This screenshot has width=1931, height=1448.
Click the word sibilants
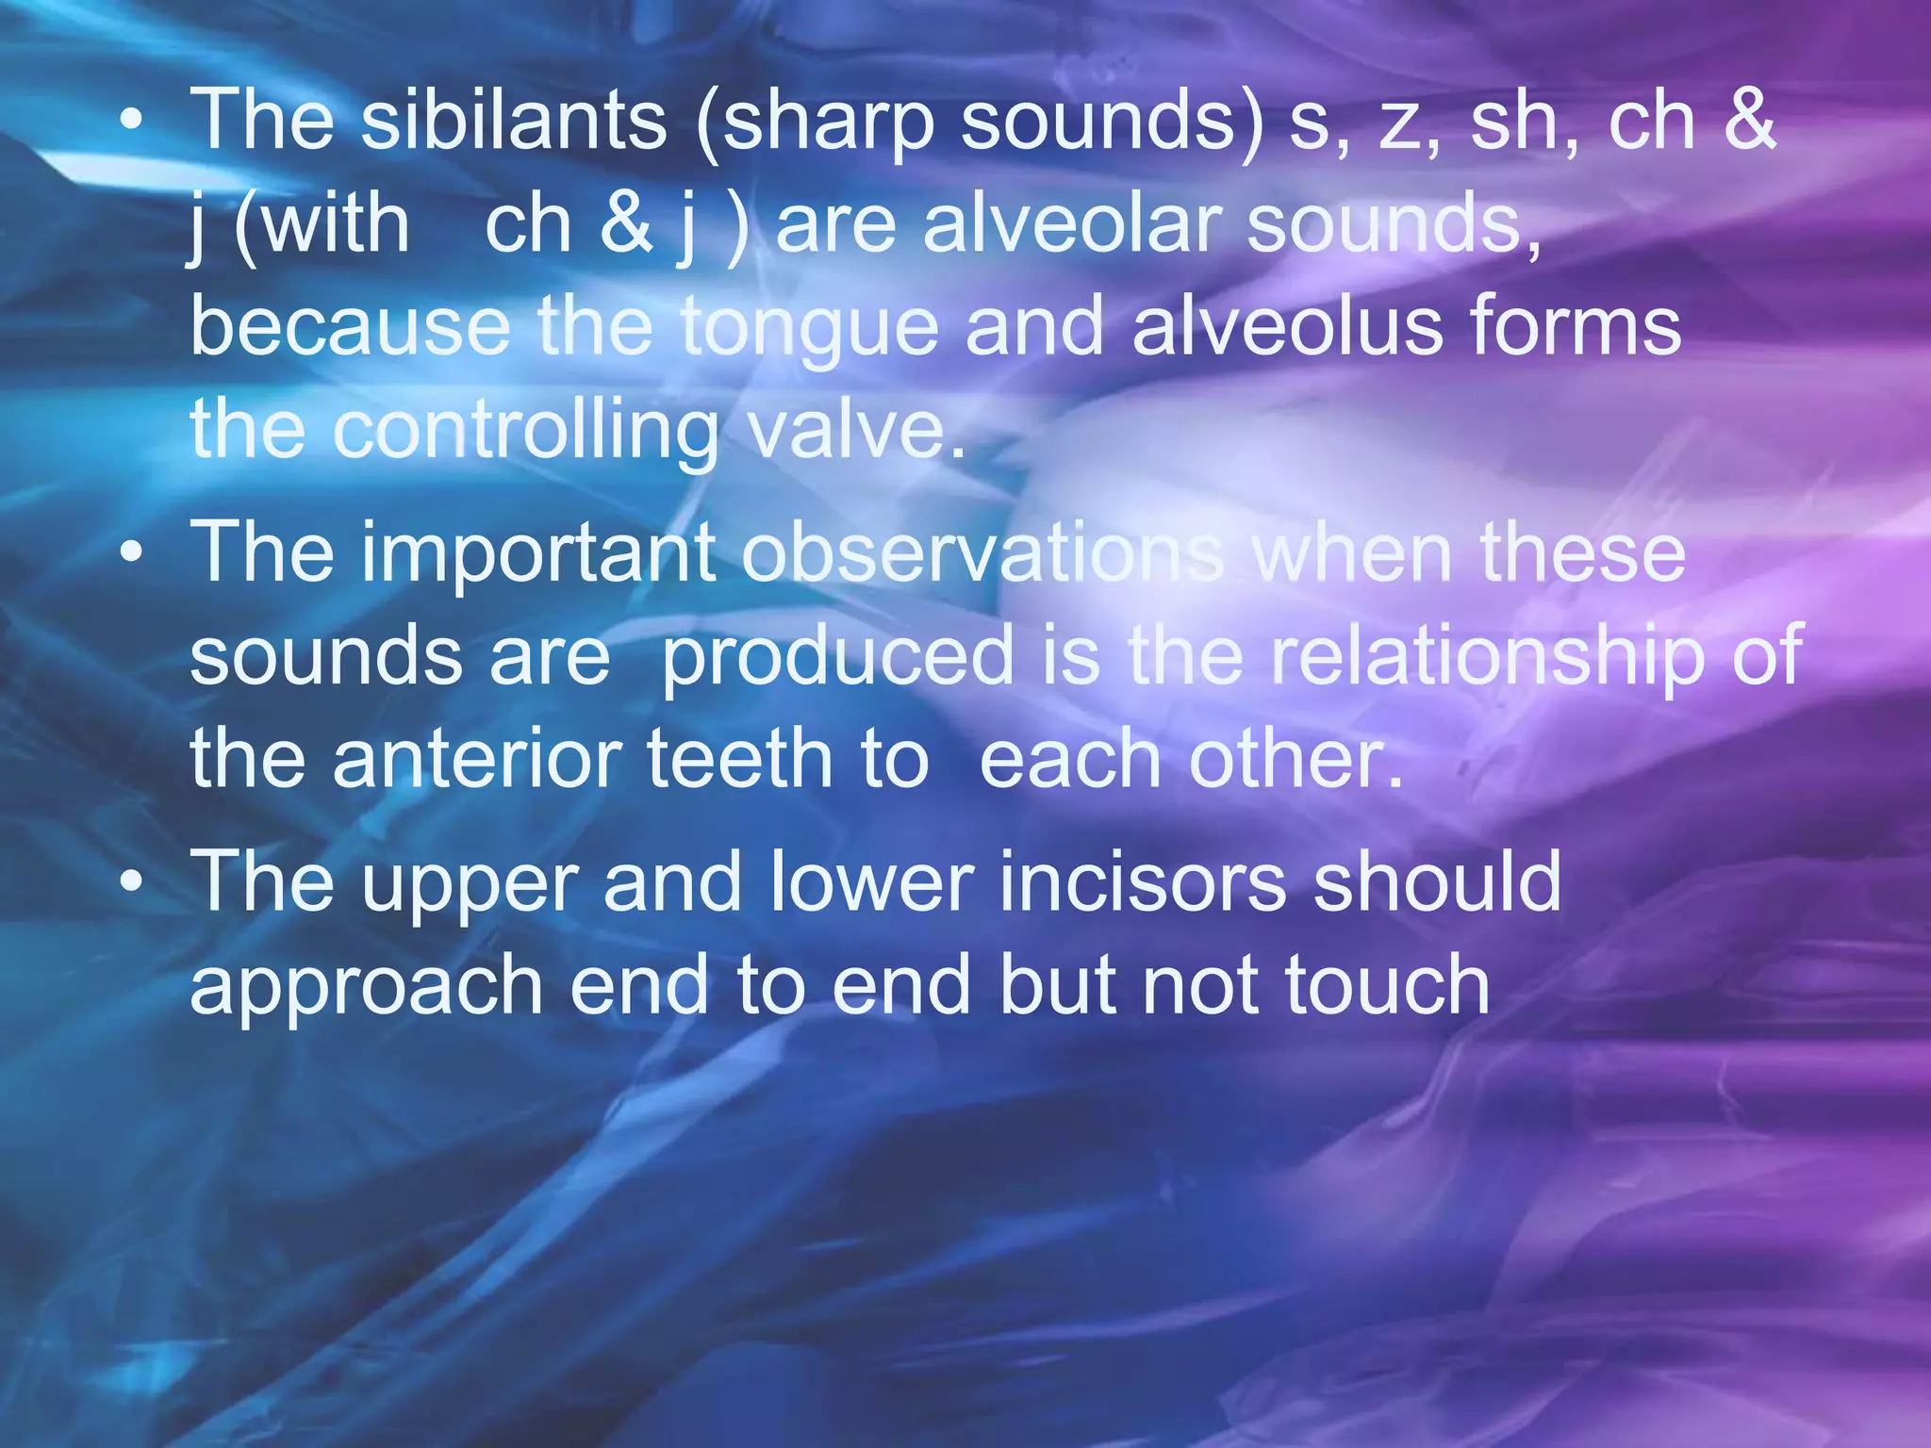[x=514, y=120]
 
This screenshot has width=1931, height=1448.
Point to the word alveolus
[x=1287, y=325]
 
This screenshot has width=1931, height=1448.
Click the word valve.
[x=858, y=429]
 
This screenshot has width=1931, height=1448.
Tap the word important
[x=536, y=553]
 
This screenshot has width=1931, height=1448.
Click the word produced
[x=836, y=657]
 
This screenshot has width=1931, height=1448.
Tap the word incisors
[x=1142, y=881]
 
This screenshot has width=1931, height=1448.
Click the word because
[x=350, y=325]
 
